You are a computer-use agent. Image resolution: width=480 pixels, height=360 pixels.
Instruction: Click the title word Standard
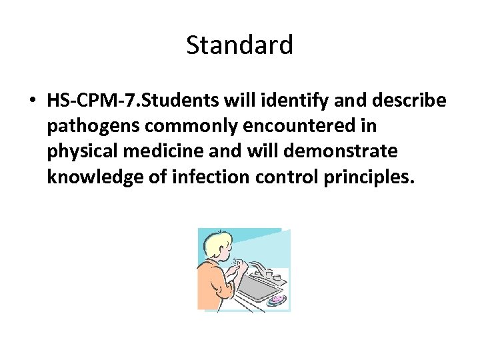(239, 45)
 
